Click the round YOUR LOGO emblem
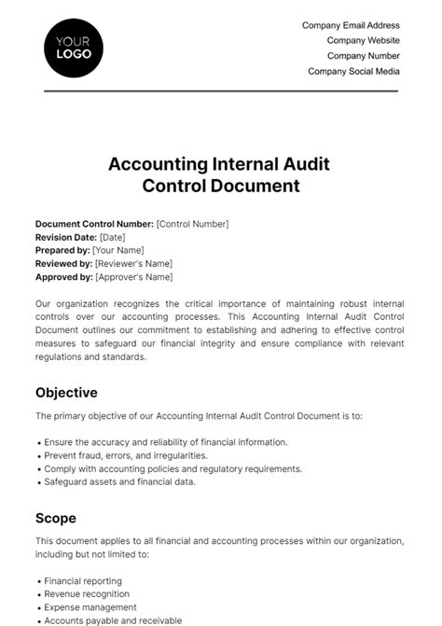pyautogui.click(x=74, y=47)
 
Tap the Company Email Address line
pyautogui.click(x=351, y=25)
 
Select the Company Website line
pyautogui.click(x=363, y=40)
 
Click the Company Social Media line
pyautogui.click(x=353, y=71)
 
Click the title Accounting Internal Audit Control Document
pyautogui.click(x=220, y=174)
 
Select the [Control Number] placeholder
pyautogui.click(x=192, y=224)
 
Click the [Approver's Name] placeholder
pyautogui.click(x=133, y=277)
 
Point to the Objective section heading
pyautogui.click(x=66, y=393)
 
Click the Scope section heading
pyautogui.click(x=56, y=518)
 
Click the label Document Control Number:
pyautogui.click(x=94, y=224)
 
